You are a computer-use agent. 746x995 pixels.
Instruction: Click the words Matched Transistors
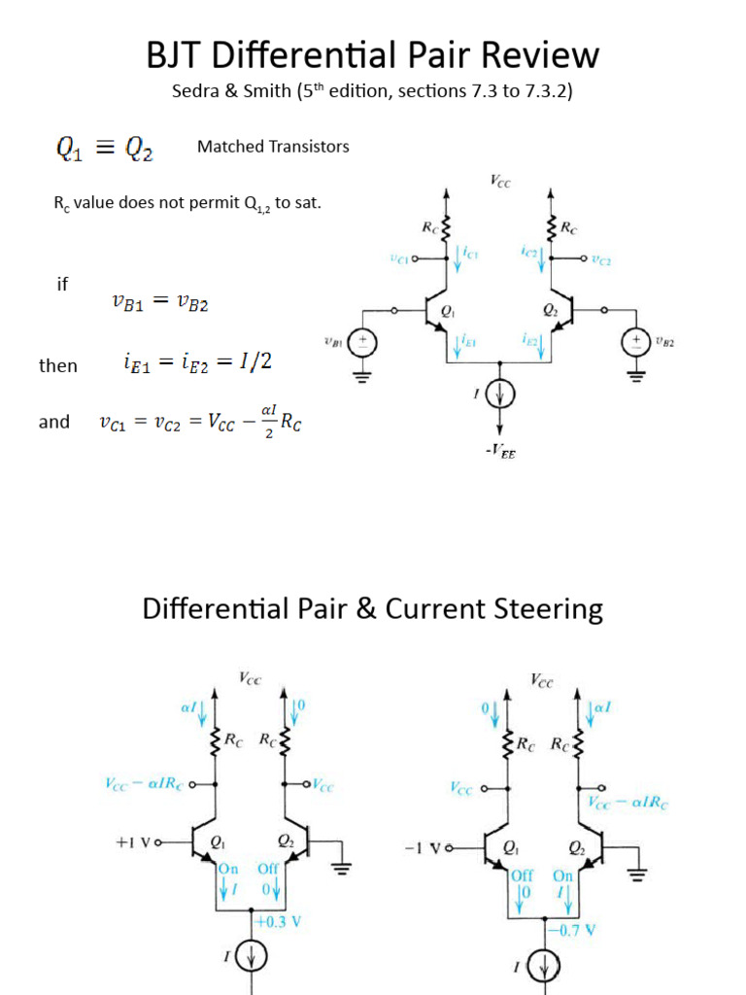[x=273, y=147]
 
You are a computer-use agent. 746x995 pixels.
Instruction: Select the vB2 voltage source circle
[x=636, y=342]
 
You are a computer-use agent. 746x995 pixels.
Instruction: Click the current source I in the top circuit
[x=500, y=395]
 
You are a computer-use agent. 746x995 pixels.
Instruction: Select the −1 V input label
[x=423, y=848]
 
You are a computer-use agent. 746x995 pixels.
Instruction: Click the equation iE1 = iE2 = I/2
[x=198, y=362]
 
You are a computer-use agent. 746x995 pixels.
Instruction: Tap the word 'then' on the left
[x=57, y=365]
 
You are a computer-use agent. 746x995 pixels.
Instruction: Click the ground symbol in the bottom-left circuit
[x=342, y=868]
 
